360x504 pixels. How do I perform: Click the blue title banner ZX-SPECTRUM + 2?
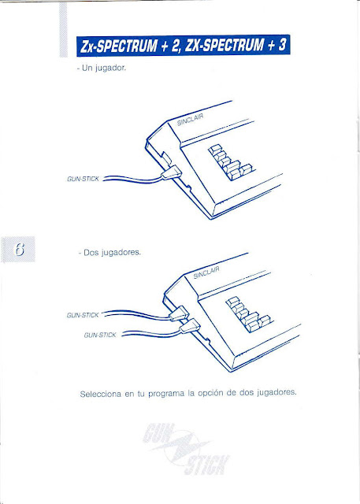tap(184, 46)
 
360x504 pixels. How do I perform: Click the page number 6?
tap(20, 249)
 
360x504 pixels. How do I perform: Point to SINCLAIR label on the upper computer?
tap(191, 120)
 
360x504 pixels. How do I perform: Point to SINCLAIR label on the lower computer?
tap(206, 272)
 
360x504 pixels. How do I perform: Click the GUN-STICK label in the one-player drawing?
tap(83, 179)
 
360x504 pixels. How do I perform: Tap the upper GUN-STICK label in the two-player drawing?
tap(83, 315)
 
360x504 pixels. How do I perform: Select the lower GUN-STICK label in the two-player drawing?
tap(100, 335)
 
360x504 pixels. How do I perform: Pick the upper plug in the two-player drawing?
tap(179, 313)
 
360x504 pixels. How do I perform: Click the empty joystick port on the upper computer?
tap(167, 157)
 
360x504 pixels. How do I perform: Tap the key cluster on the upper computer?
tap(230, 162)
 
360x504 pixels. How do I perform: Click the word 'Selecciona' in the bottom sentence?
tap(100, 394)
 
